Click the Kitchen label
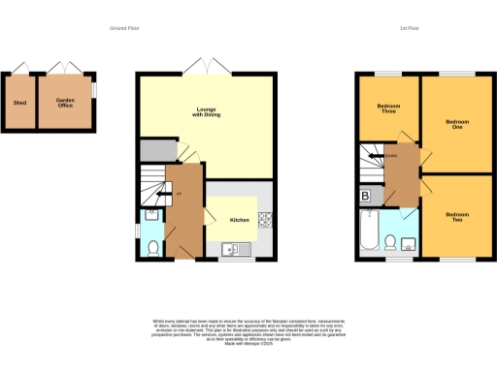point(239,220)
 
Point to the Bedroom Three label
point(388,109)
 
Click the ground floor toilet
point(152,248)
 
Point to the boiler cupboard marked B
point(365,196)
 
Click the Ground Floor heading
point(126,29)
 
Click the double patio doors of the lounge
point(205,67)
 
